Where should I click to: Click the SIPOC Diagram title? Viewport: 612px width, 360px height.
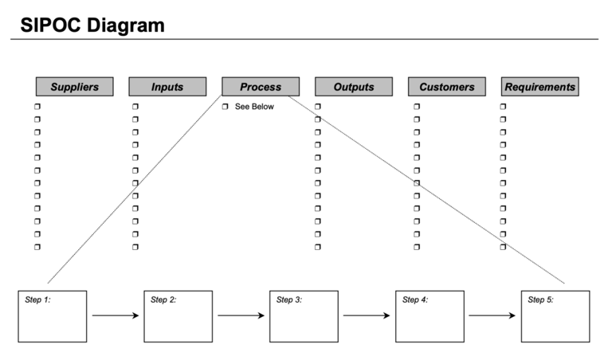(92, 25)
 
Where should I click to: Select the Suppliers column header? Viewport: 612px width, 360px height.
(74, 87)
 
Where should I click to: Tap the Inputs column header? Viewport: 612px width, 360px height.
(167, 87)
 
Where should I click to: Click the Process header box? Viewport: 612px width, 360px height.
(261, 87)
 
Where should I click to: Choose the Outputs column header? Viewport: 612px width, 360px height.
(354, 87)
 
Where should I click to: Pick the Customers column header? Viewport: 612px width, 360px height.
(447, 87)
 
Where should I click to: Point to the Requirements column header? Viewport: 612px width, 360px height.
(539, 87)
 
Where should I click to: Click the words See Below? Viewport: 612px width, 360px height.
(254, 107)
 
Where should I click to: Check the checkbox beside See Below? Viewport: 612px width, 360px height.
(226, 107)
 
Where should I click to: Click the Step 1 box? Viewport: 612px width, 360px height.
(53, 316)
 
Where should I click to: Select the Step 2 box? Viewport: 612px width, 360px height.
(178, 316)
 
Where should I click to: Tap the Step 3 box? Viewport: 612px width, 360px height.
(304, 316)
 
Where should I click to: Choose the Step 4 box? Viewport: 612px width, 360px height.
(430, 316)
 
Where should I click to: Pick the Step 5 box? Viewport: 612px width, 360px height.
(555, 316)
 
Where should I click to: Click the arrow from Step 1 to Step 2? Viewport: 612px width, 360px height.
(115, 315)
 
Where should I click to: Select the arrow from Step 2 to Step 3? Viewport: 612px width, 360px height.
(241, 315)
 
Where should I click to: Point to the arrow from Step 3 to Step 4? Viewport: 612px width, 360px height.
(367, 315)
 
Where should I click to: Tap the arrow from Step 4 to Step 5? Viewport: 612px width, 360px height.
(492, 315)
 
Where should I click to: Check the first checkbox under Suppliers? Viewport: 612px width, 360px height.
(37, 107)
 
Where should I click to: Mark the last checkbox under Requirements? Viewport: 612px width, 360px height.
(503, 247)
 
